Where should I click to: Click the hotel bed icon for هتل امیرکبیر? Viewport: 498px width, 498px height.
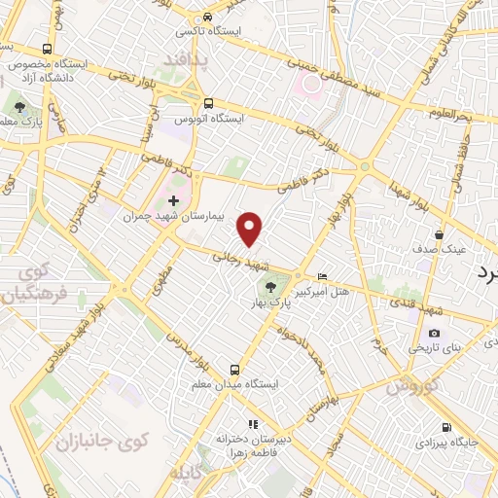click(323, 276)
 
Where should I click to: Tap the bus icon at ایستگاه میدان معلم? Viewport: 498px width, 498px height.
click(234, 369)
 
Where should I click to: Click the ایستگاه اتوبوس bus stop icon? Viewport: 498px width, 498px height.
click(208, 102)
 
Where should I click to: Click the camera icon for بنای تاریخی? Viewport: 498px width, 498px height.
click(434, 333)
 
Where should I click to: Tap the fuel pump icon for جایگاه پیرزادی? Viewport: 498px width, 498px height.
click(445, 427)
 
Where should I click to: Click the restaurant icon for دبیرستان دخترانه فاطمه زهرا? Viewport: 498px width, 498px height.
click(251, 424)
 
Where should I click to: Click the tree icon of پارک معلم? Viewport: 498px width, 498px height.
click(19, 106)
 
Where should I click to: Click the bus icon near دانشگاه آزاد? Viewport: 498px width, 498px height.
click(47, 48)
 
